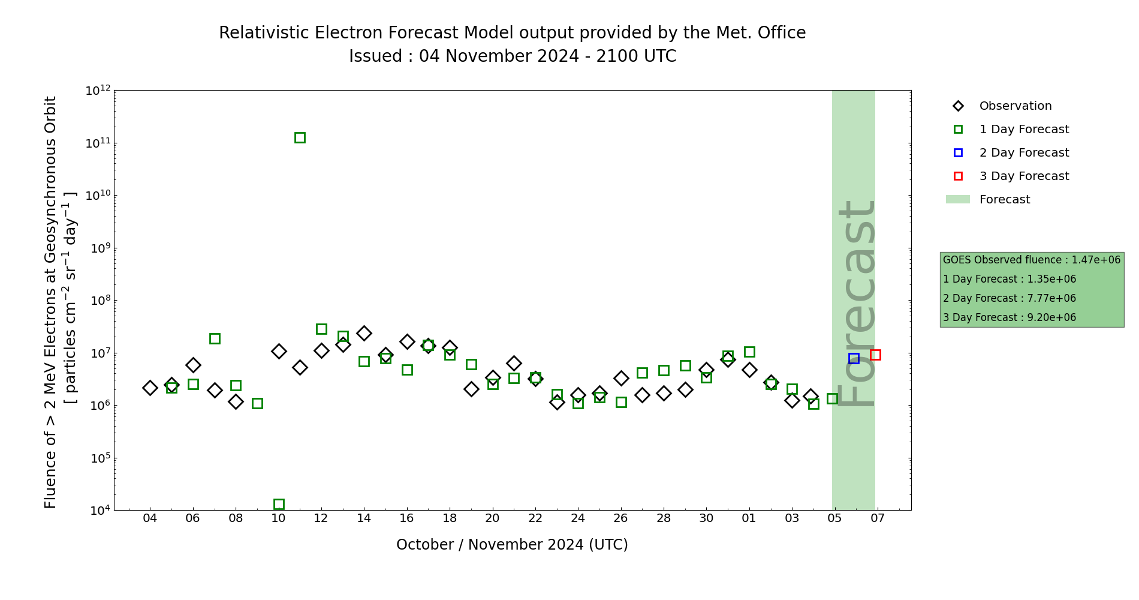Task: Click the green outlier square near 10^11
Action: coord(300,137)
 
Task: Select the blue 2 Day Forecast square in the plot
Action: coord(854,358)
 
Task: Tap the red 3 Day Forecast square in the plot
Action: coord(875,355)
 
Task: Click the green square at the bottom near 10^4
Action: coord(279,504)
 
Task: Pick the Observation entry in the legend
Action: coord(1015,106)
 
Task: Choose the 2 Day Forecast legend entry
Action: coord(1023,153)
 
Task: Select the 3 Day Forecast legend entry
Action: coord(1023,176)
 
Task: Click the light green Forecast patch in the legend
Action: coord(958,199)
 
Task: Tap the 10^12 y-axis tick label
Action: coord(98,91)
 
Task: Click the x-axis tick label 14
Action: coord(364,518)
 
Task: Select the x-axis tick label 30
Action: coord(706,518)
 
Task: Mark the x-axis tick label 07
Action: coord(878,518)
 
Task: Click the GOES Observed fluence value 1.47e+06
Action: coord(1096,260)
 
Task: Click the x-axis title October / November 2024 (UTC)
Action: coord(512,545)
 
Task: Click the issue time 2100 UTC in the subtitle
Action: coord(636,56)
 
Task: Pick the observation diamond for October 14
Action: coord(364,333)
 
